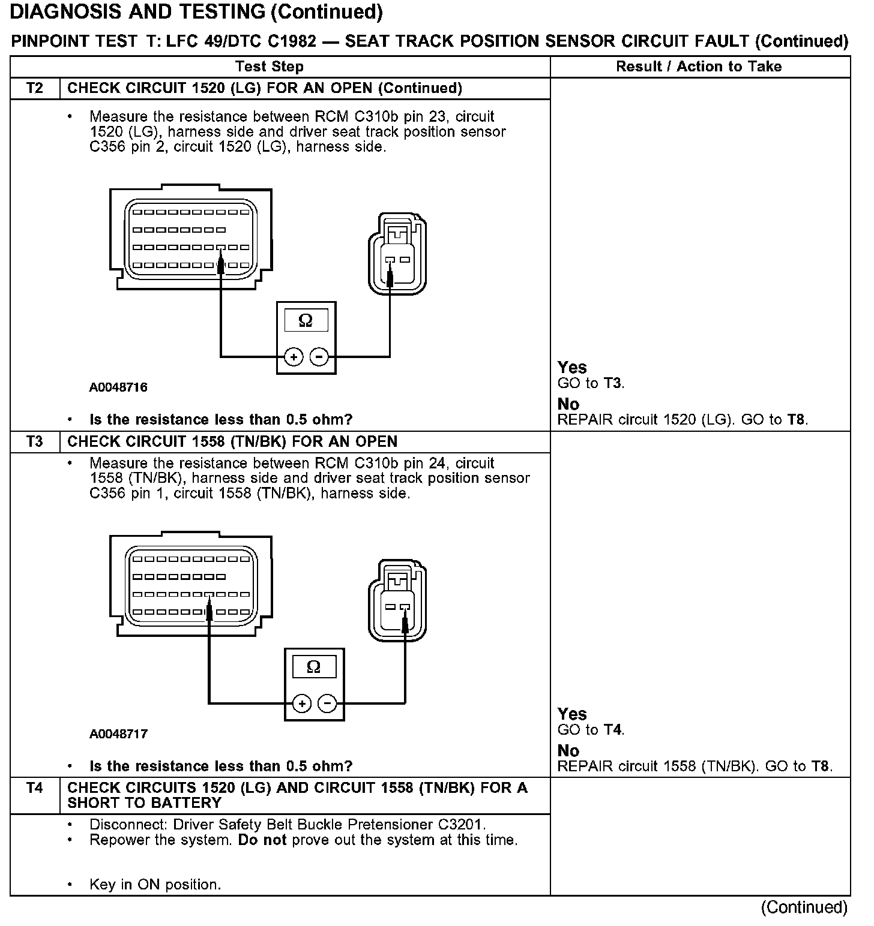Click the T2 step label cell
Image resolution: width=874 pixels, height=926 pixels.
(35, 88)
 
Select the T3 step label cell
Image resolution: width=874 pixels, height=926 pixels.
(35, 442)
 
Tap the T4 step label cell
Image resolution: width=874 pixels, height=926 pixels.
(35, 788)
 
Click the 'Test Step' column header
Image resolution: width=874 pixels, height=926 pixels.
(270, 67)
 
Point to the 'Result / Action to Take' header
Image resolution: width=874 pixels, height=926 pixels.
(699, 67)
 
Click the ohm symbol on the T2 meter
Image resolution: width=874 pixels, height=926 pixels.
(306, 321)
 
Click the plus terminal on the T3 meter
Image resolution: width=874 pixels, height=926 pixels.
(302, 703)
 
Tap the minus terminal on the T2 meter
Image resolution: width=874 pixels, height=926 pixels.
(319, 357)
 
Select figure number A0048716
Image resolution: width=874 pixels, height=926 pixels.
(118, 387)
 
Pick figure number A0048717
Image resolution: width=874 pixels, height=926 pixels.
(118, 734)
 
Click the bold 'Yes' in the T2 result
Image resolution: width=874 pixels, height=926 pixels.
(572, 367)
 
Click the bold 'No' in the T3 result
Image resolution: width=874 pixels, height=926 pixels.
(568, 751)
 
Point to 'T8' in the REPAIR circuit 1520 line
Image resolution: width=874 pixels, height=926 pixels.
(797, 420)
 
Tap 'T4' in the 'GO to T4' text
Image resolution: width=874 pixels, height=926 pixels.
(613, 730)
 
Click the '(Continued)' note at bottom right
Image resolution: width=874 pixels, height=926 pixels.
(804, 908)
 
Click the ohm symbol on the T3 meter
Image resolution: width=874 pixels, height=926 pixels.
(313, 667)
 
